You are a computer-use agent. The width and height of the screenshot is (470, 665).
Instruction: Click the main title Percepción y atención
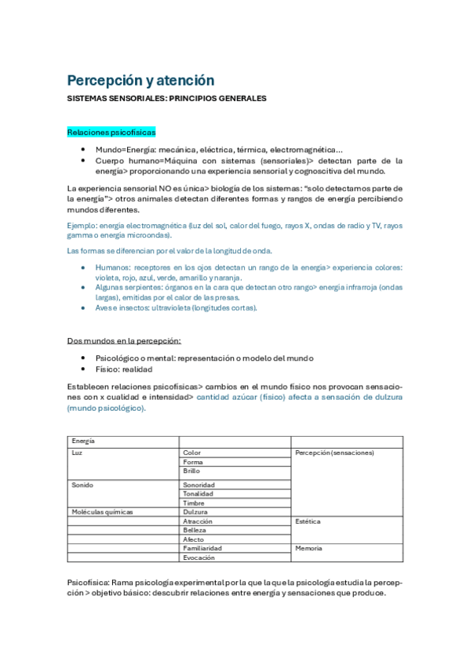(x=140, y=80)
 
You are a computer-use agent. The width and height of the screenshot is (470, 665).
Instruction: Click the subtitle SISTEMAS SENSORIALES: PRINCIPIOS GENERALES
(x=166, y=99)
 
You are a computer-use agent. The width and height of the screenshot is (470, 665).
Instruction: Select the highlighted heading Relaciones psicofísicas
(x=111, y=133)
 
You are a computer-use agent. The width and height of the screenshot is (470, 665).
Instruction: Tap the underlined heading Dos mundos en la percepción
(x=124, y=341)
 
